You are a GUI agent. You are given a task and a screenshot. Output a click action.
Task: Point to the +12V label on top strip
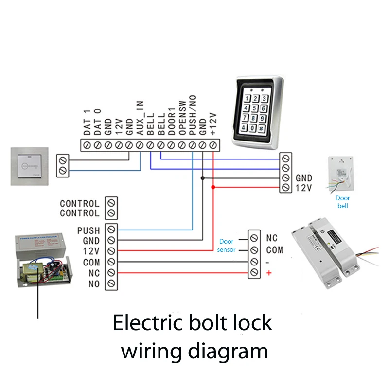coord(213,122)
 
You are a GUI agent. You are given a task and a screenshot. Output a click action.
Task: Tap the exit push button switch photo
coord(30,166)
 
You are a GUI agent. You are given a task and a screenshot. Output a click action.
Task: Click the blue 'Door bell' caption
coord(343,202)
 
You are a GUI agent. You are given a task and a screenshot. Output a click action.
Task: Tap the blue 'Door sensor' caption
coord(227,246)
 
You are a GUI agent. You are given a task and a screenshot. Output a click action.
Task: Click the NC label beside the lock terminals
coord(272,239)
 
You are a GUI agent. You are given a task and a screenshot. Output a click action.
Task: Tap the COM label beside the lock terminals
coord(274,250)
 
